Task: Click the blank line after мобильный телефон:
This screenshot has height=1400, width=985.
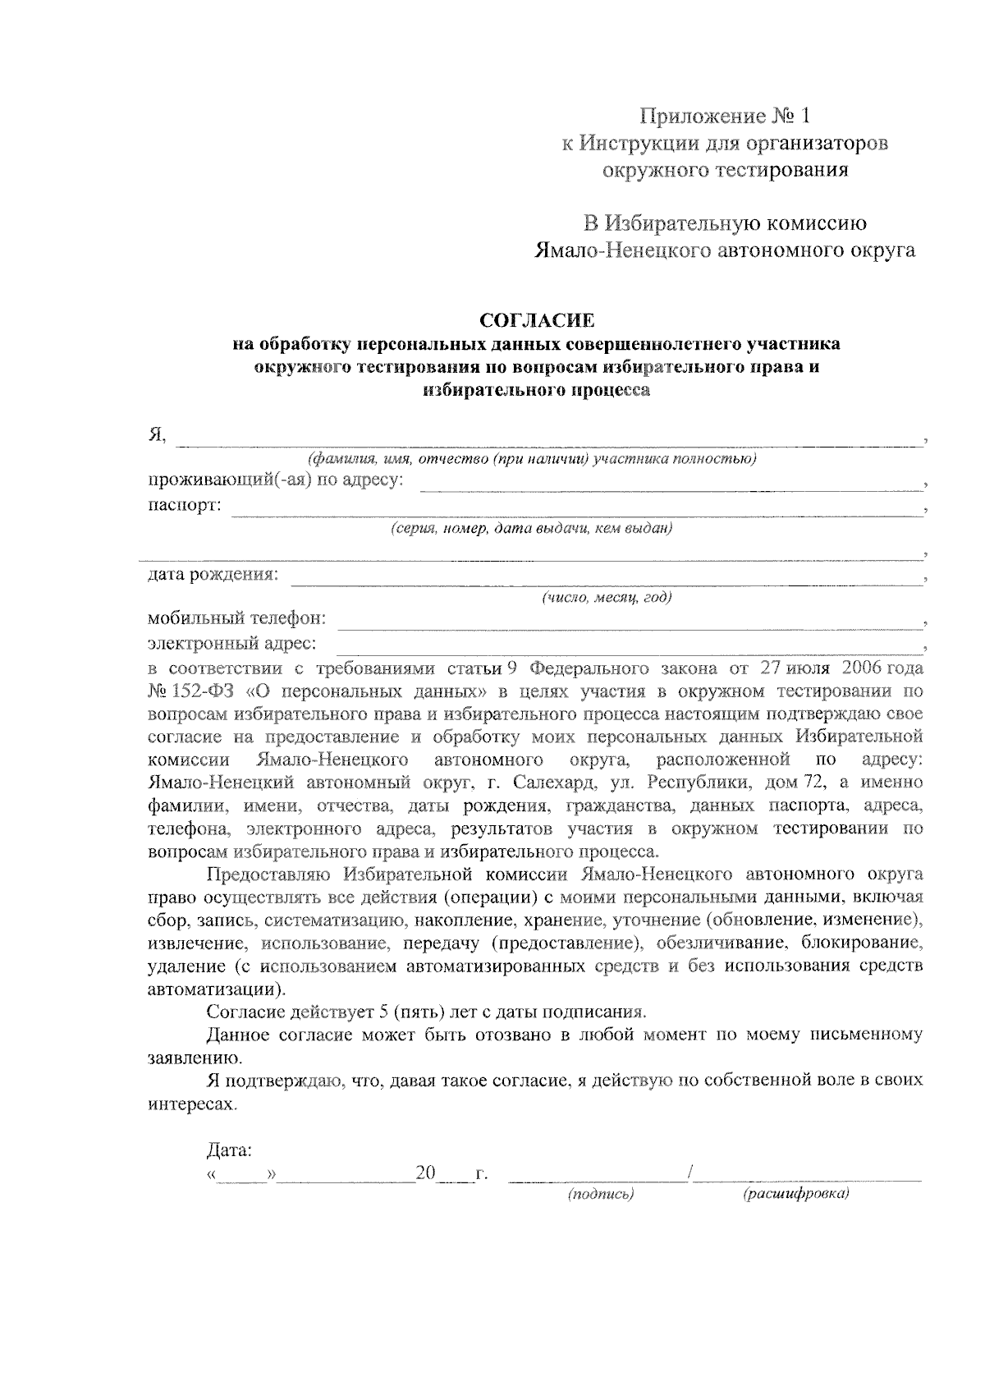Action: click(x=628, y=622)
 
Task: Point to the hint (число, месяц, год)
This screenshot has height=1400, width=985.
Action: click(x=606, y=598)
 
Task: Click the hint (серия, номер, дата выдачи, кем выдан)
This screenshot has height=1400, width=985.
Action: click(x=532, y=529)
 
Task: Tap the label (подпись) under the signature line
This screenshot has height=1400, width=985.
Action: click(x=601, y=1196)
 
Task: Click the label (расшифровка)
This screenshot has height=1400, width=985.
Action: click(x=795, y=1196)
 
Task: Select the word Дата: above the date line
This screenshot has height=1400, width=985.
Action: click(x=229, y=1150)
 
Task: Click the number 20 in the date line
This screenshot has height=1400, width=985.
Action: click(x=425, y=1173)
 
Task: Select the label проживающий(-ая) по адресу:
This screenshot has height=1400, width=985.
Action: click(x=276, y=482)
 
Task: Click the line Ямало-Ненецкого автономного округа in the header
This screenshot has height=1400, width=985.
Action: click(x=725, y=251)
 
